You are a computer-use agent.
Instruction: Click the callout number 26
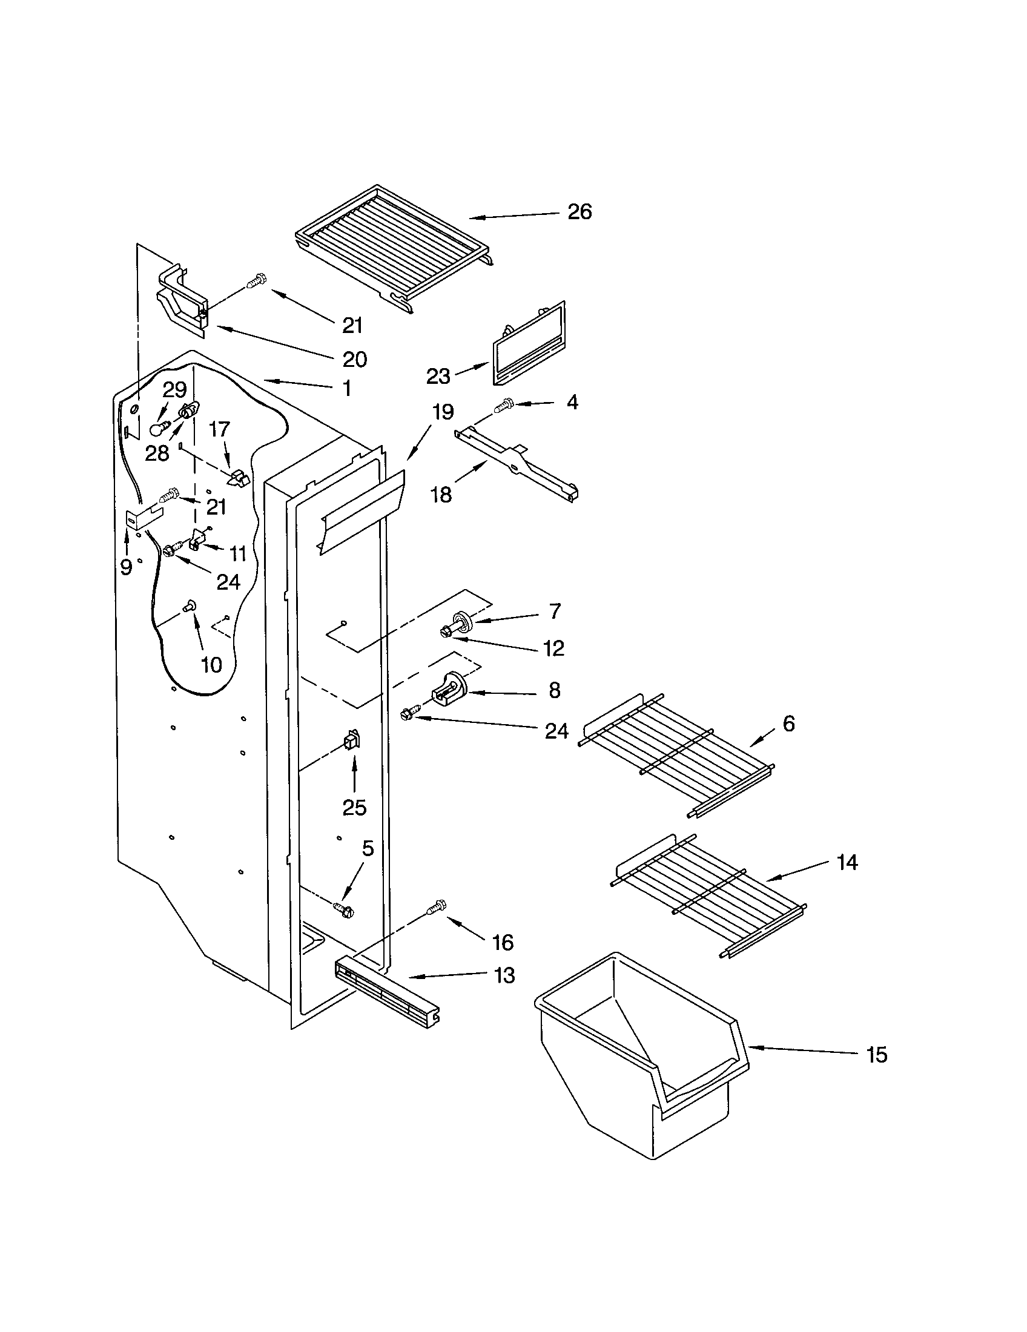[x=580, y=212]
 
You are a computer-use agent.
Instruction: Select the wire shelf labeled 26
[x=394, y=247]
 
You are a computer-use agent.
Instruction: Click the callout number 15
[x=877, y=1055]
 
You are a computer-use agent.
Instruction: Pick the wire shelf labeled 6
[x=677, y=753]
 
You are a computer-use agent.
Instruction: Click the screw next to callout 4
[x=506, y=404]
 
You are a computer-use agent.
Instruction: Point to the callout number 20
[x=354, y=359]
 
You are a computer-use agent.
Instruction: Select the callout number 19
[x=443, y=412]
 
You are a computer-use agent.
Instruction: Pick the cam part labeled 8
[x=450, y=688]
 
